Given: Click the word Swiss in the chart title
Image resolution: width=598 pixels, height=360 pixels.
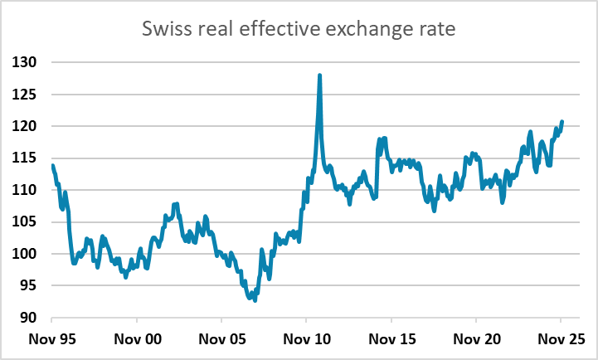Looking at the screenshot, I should point(166,31).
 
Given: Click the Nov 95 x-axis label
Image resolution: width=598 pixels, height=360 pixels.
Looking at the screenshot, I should point(51,340).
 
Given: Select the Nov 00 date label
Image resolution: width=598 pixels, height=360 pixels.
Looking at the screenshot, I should point(136,340).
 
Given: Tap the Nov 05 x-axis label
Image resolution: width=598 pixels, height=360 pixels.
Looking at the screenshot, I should point(221,340).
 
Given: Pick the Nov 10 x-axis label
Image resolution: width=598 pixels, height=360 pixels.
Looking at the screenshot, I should point(306,340).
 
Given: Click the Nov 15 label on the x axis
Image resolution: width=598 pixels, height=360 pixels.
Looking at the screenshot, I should point(391,340).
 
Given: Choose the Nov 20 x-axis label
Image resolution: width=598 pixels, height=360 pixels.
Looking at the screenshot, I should point(476,340).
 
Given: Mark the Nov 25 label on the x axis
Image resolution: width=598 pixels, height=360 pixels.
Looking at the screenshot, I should point(561,340).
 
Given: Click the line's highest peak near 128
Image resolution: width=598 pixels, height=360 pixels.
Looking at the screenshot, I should point(319,75).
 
